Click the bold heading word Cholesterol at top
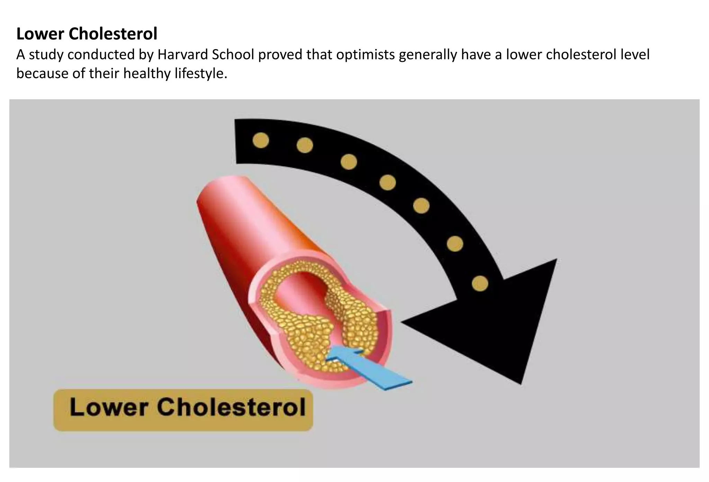click(x=113, y=34)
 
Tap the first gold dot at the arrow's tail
click(x=261, y=140)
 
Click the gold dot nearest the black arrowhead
click(x=480, y=283)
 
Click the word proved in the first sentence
click(x=279, y=55)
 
